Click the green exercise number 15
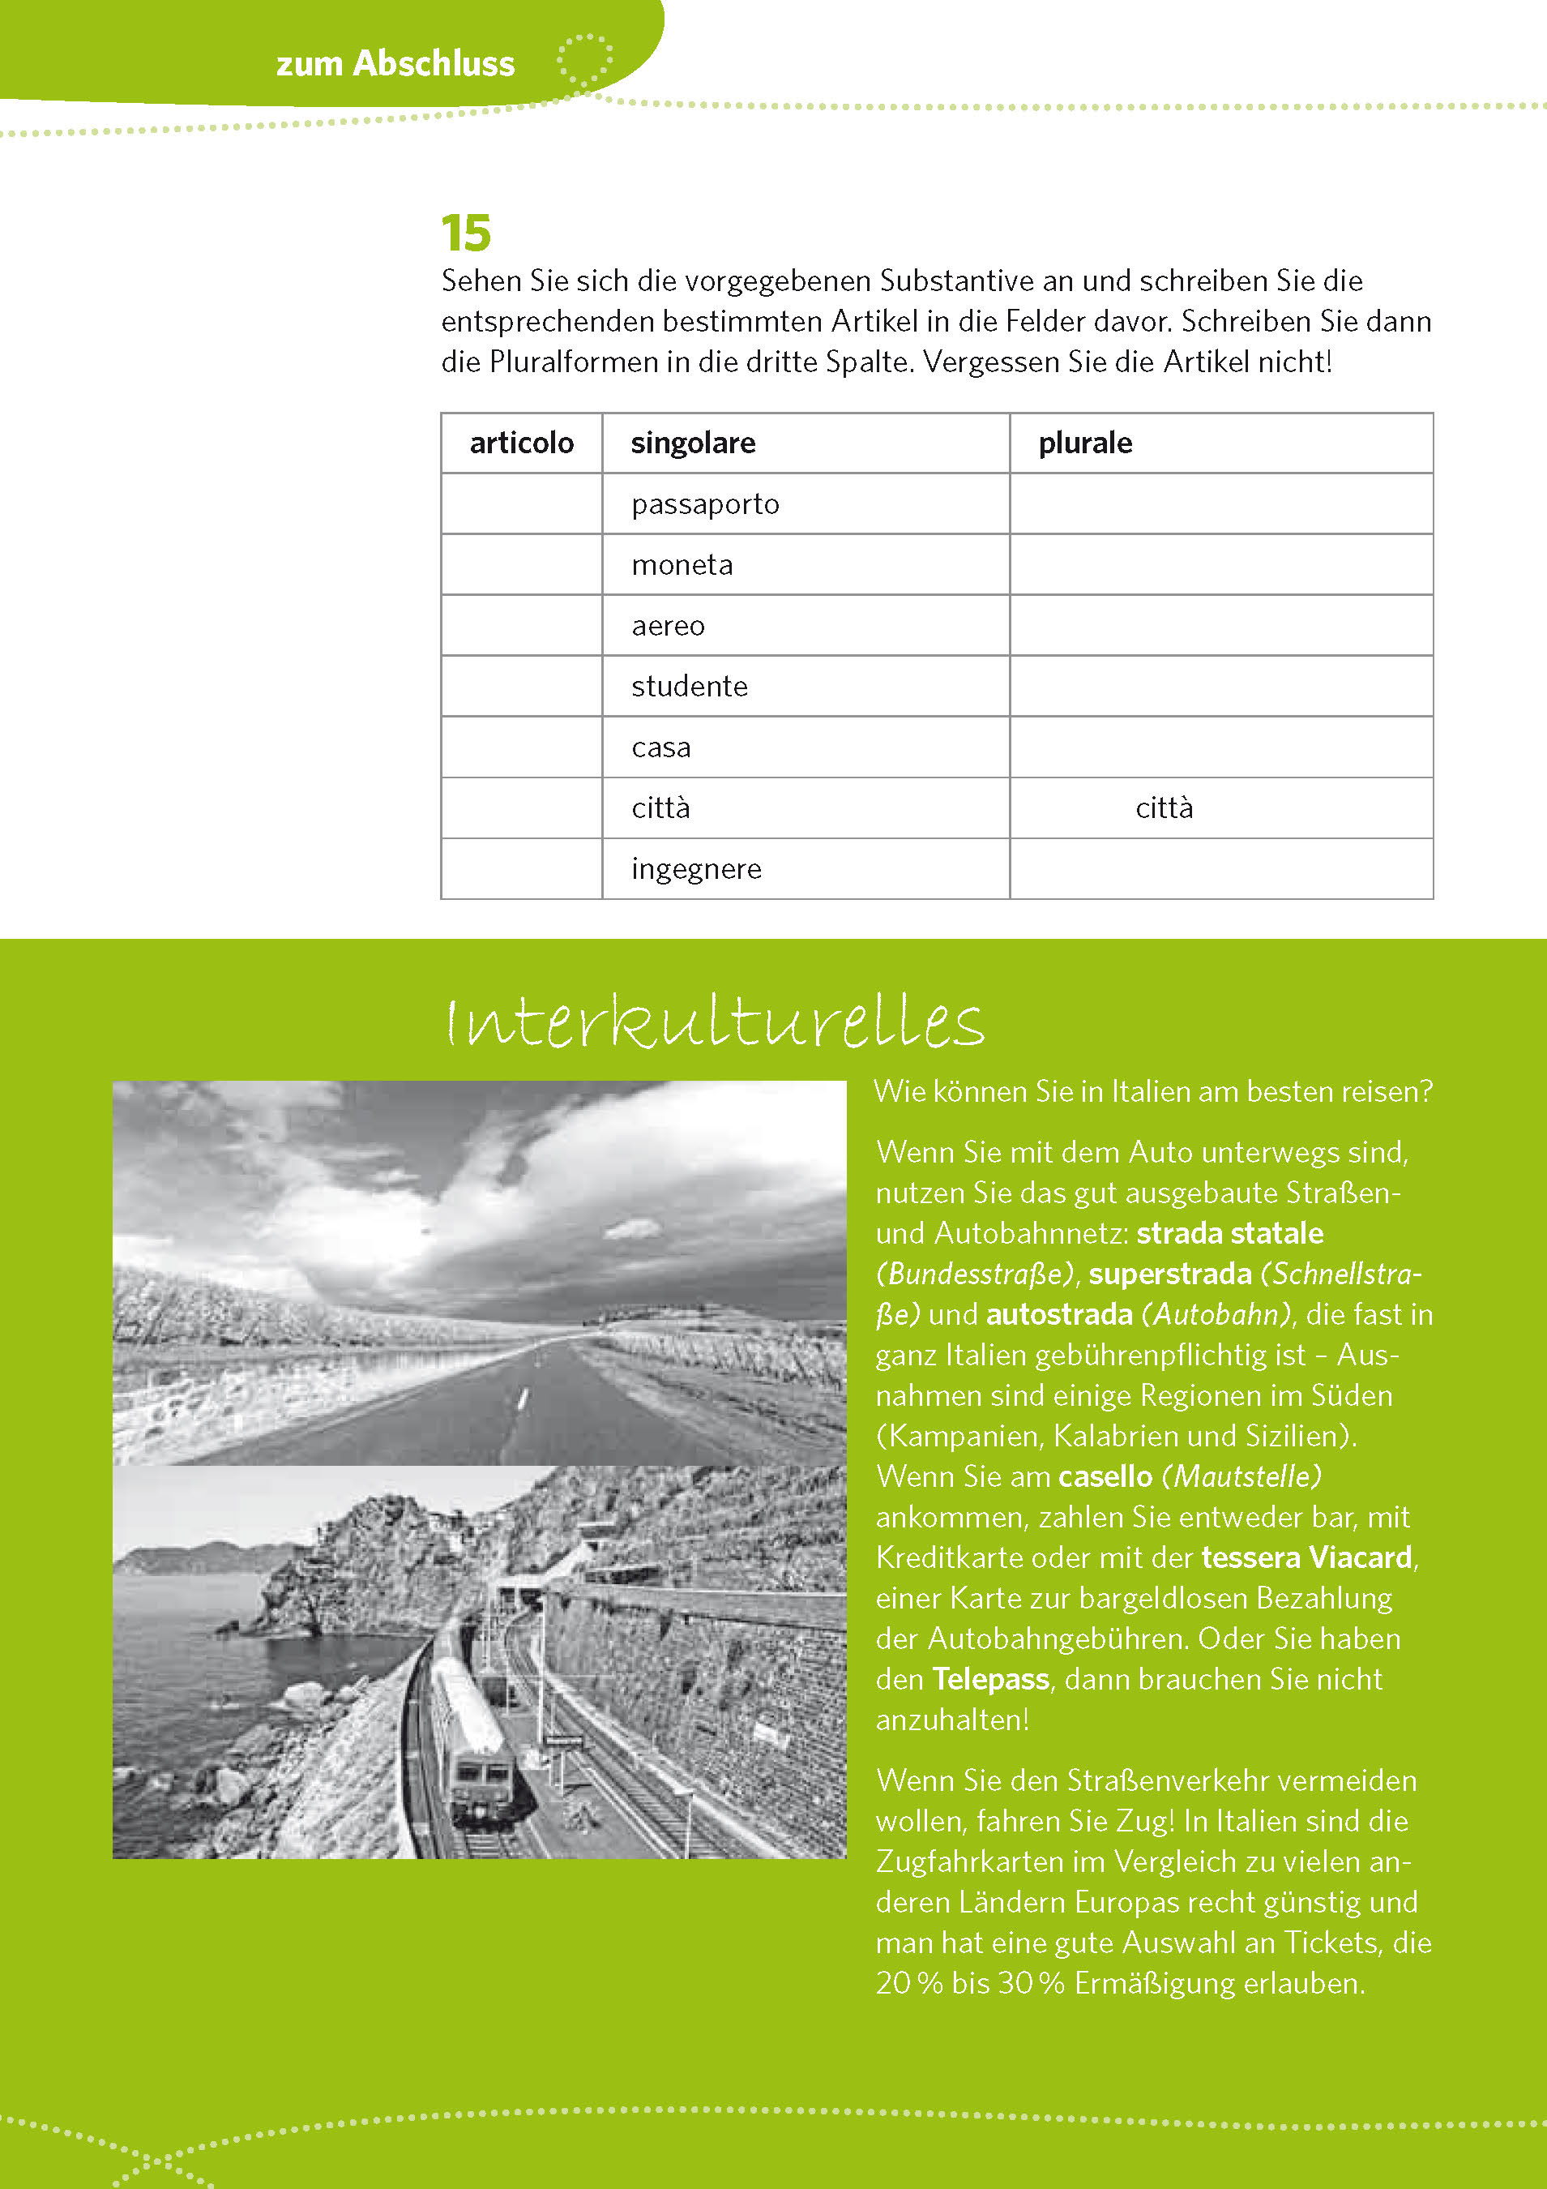pos(465,233)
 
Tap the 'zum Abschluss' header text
pos(395,64)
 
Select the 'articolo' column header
pos(521,443)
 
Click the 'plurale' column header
pos(1085,443)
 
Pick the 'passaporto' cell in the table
pos(704,504)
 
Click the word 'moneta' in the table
pos(682,565)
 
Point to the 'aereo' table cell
pos(667,627)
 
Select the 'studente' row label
pos(689,687)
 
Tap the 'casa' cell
pos(660,748)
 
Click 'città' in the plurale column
pos(1164,808)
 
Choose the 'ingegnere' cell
pos(696,869)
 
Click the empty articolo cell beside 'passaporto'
pos(521,504)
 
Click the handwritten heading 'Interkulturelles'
pos(715,1022)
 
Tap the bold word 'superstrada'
pos(1169,1274)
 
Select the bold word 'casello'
pos(1105,1477)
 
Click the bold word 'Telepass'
pos(990,1679)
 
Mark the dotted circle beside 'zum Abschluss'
pos(584,62)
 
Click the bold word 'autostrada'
pos(1059,1315)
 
